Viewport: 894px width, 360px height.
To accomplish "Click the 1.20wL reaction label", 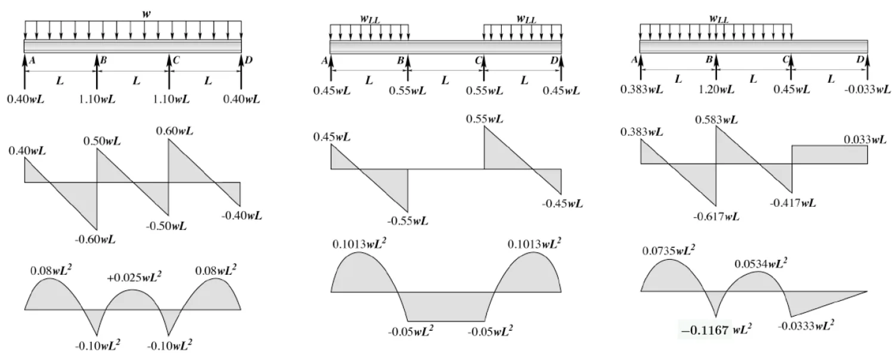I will tap(718, 89).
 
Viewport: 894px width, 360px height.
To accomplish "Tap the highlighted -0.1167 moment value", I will tap(705, 330).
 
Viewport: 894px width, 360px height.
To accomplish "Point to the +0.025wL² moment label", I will tap(134, 277).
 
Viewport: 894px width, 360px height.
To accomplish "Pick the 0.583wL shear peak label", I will tap(716, 120).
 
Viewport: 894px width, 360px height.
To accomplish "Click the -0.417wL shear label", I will tap(792, 203).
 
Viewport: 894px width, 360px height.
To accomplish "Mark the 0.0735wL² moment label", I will tap(669, 251).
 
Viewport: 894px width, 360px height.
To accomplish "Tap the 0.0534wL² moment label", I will tap(760, 263).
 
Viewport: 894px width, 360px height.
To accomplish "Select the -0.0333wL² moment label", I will tap(805, 325).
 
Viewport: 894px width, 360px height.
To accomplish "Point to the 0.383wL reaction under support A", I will tap(641, 89).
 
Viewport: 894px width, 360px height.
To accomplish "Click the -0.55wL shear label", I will tap(407, 221).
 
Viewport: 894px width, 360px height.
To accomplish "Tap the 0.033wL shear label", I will tap(865, 140).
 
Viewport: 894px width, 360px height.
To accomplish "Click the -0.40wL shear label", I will tap(241, 215).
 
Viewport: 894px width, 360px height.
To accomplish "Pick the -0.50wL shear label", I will tap(166, 226).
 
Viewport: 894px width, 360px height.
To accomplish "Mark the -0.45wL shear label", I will tap(562, 203).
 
